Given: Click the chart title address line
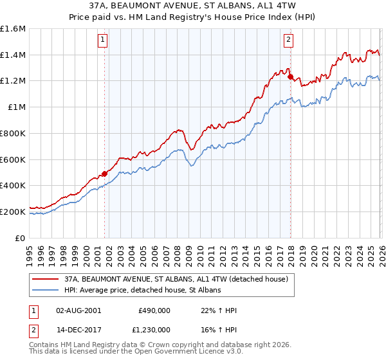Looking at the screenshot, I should pyautogui.click(x=193, y=6).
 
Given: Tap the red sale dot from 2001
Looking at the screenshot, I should pyautogui.click(x=104, y=173).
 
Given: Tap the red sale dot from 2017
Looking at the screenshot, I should pyautogui.click(x=290, y=76).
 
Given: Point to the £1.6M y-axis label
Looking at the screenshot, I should pyautogui.click(x=13, y=29).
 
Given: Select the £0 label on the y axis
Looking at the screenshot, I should pyautogui.click(x=21, y=238).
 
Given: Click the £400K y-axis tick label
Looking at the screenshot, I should pyautogui.click(x=13, y=186).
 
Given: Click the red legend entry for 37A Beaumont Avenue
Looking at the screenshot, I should pyautogui.click(x=179, y=279).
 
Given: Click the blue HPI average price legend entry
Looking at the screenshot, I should pyautogui.click(x=142, y=291).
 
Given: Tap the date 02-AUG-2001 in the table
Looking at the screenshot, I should pyautogui.click(x=78, y=310).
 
